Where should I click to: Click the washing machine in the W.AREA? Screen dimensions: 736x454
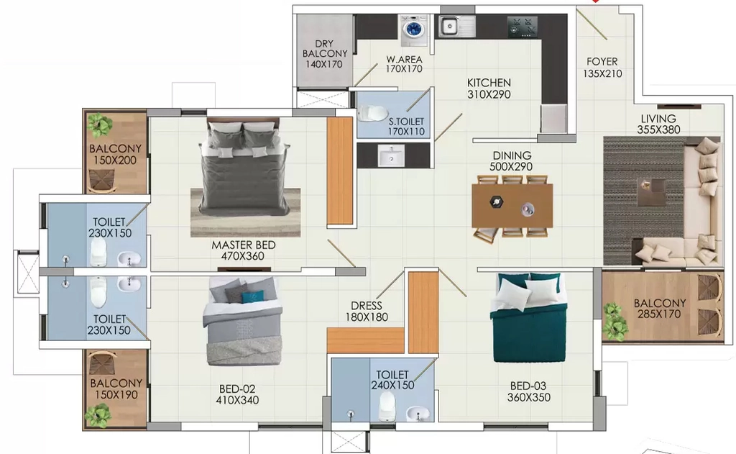[413, 30]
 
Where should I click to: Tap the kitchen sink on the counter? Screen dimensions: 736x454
[456, 27]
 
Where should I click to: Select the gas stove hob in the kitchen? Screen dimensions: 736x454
[523, 27]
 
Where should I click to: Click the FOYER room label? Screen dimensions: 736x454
[602, 62]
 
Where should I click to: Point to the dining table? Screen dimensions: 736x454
[512, 205]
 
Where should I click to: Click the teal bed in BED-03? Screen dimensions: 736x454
[528, 318]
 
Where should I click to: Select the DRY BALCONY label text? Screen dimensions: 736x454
[325, 48]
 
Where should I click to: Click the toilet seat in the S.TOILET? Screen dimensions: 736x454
[372, 114]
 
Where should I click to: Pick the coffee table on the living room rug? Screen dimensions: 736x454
[652, 192]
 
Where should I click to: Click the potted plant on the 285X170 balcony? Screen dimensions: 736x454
[615, 320]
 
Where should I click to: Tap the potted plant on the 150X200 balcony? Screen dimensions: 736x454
[100, 123]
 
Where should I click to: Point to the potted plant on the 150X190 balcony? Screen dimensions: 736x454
[98, 415]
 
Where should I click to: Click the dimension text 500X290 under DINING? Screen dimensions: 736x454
[511, 167]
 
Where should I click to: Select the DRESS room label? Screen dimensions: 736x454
[367, 306]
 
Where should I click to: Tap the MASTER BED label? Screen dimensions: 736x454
[243, 245]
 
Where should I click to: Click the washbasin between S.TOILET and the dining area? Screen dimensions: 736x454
[391, 155]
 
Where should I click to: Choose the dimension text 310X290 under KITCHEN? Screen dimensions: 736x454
[489, 94]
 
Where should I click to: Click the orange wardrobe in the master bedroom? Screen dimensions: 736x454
[340, 171]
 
